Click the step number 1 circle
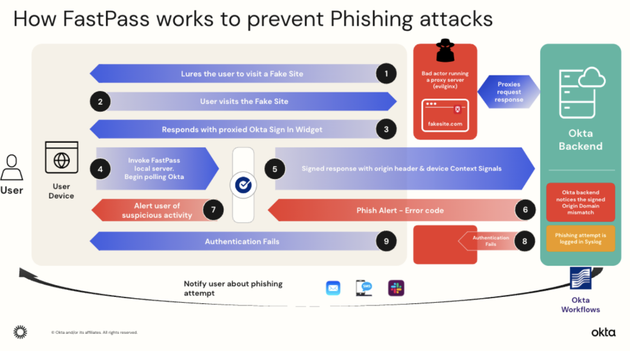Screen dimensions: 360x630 click(x=386, y=74)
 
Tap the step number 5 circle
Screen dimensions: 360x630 click(x=275, y=169)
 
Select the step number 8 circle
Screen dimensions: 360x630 click(x=525, y=240)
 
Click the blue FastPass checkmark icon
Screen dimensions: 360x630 click(x=243, y=185)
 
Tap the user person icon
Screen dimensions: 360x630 click(x=12, y=167)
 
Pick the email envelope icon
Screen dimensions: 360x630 click(x=333, y=288)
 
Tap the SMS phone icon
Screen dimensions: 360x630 click(x=364, y=288)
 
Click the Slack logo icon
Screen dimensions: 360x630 click(x=396, y=288)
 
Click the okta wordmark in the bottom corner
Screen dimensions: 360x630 click(x=603, y=332)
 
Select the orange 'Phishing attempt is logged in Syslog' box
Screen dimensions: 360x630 click(x=580, y=239)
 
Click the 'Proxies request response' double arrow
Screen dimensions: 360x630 click(x=509, y=92)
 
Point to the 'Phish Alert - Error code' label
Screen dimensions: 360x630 click(x=400, y=210)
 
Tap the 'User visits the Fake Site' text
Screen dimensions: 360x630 click(x=244, y=102)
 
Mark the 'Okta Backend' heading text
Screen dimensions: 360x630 click(x=580, y=140)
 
